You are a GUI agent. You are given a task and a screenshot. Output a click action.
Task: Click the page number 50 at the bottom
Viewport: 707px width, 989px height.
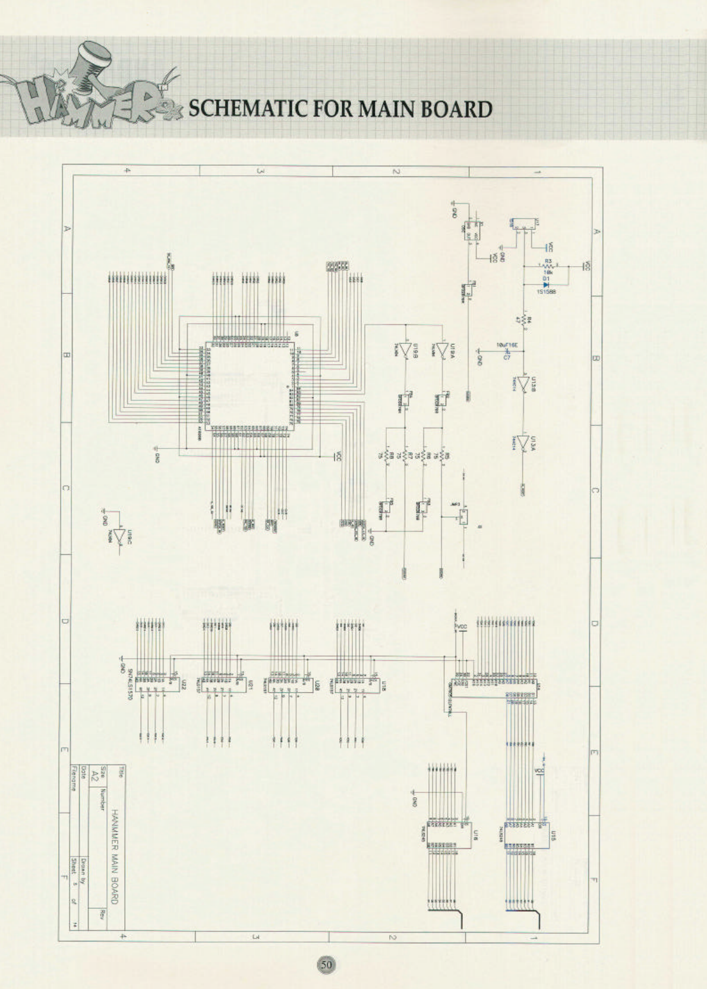326,965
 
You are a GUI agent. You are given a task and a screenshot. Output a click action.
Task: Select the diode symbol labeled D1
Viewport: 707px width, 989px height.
545,285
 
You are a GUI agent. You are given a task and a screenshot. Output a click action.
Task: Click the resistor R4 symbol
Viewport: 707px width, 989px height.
524,321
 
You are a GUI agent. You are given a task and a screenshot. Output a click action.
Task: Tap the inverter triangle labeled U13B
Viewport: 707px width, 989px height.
523,384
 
